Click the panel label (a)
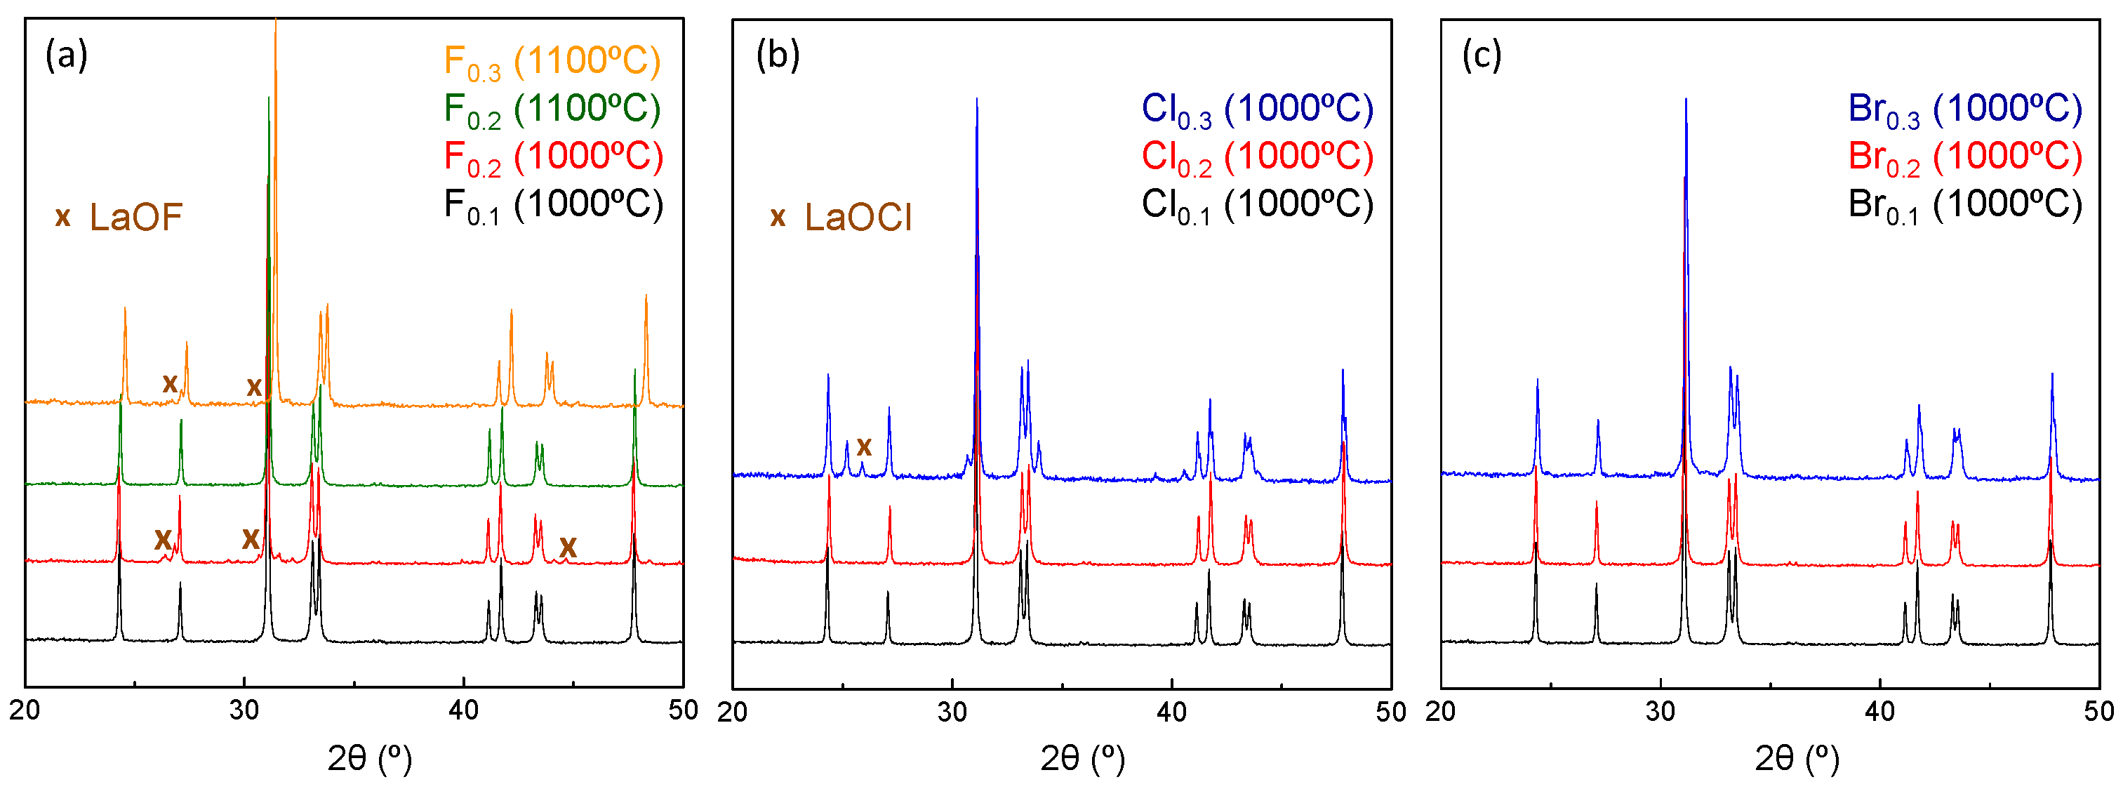click(x=66, y=55)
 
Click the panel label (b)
click(x=777, y=55)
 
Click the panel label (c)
click(x=1481, y=55)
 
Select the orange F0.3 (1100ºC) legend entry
click(x=552, y=62)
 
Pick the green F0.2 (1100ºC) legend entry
click(x=552, y=110)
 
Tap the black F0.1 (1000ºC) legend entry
click(x=552, y=205)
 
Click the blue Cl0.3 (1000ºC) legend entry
click(x=1257, y=110)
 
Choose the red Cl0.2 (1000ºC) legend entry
click(x=1257, y=157)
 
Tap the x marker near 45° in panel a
click(x=568, y=546)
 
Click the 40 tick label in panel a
click(x=464, y=710)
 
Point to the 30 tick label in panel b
click(x=952, y=712)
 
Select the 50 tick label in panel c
click(x=2098, y=712)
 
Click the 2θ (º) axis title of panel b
click(x=1082, y=757)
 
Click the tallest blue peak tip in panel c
click(x=1685, y=100)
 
